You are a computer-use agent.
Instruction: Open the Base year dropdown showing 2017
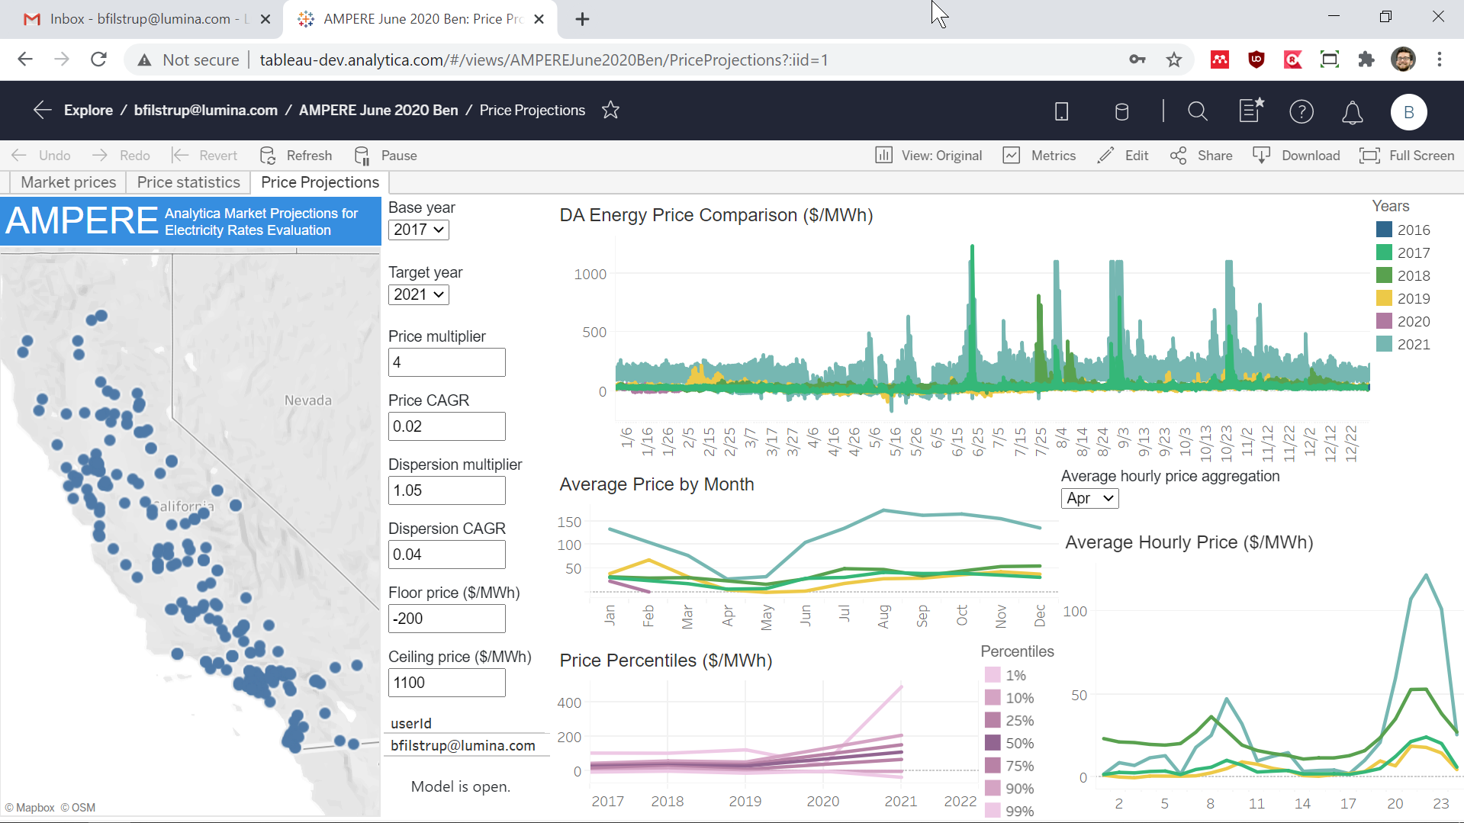tap(418, 230)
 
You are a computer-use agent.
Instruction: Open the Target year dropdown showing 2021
tap(418, 294)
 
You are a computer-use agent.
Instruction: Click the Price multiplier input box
tap(446, 362)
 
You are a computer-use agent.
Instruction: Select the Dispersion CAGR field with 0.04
tap(446, 555)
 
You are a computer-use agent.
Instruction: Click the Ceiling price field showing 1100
tap(446, 683)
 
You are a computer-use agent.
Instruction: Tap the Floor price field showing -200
tap(446, 619)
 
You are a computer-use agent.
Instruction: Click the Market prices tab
tap(69, 182)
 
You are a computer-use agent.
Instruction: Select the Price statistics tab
tap(188, 182)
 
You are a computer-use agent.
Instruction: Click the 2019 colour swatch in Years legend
tap(1384, 298)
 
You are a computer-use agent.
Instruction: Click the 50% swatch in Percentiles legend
tap(993, 743)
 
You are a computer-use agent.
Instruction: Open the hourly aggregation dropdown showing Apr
tap(1089, 498)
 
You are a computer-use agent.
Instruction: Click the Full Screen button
tap(1407, 156)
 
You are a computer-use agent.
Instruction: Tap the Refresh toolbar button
tap(296, 156)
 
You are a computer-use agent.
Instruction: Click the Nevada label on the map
tap(308, 400)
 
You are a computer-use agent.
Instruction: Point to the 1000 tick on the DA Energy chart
tap(590, 274)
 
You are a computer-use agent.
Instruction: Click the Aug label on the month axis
tap(883, 616)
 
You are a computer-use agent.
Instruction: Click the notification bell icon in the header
tap(1352, 112)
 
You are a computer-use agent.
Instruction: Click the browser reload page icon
tap(98, 59)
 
